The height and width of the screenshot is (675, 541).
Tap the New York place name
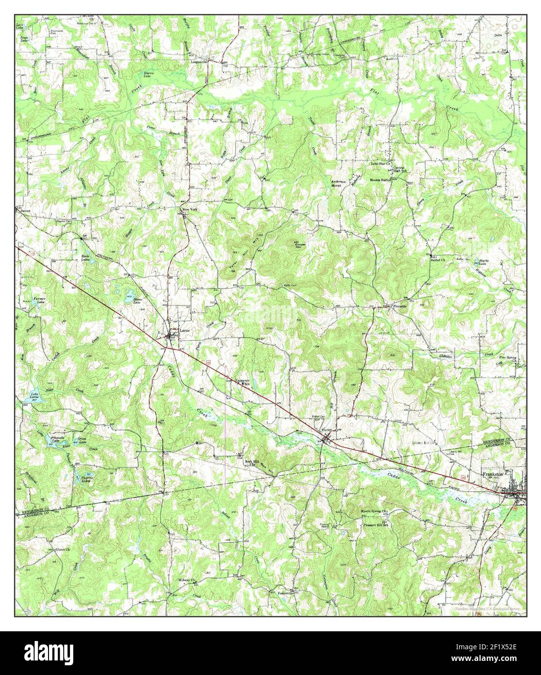coord(191,209)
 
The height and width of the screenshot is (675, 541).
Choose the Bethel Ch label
coord(439,259)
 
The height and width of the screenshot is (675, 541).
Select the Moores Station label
coord(380,180)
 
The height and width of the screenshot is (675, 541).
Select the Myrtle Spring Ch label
coord(374,511)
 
